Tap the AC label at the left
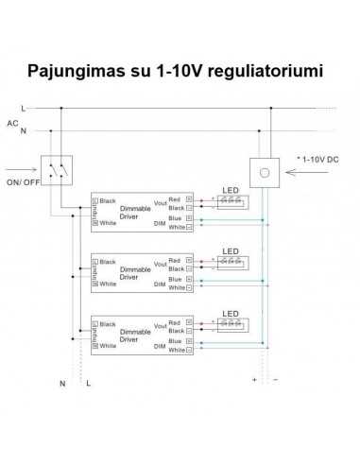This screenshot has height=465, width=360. point(12,122)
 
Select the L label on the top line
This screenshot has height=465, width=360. point(23,110)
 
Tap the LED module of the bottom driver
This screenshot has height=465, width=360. point(231,323)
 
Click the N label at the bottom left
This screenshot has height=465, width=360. point(62,385)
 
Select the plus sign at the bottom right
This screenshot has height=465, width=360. point(255,380)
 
